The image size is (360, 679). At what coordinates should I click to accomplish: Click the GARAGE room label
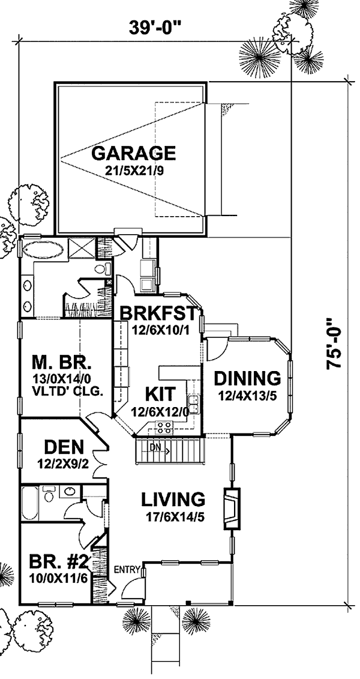[x=134, y=153]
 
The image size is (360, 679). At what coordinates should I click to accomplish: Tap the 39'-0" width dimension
[x=154, y=27]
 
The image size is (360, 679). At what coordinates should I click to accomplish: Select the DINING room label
[x=247, y=378]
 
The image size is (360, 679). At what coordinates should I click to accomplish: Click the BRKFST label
[x=161, y=313]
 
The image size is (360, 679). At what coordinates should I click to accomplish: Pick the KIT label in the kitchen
[x=160, y=394]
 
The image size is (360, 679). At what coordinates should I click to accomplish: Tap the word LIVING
[x=173, y=499]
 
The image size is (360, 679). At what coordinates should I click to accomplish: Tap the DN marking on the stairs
[x=154, y=446]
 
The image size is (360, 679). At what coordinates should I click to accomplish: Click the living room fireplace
[x=231, y=509]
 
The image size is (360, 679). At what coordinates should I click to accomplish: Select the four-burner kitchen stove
[x=164, y=428]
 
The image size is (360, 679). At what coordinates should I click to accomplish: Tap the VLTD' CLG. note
[x=67, y=393]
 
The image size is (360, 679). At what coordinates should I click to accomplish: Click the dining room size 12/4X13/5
[x=247, y=396]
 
